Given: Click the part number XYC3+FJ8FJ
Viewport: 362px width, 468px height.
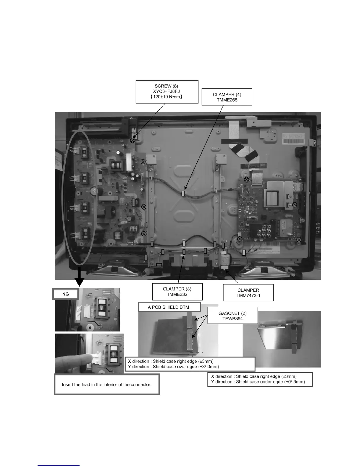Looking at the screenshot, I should [x=167, y=91].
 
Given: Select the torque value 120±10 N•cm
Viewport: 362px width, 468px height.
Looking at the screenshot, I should [x=167, y=97].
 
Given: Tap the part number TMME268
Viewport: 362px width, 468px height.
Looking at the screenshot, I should [x=227, y=100].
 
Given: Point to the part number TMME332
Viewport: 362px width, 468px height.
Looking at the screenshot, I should [x=177, y=294].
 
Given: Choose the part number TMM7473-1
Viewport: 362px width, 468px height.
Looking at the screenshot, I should [x=248, y=295].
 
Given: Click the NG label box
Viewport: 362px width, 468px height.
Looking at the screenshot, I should [x=66, y=294].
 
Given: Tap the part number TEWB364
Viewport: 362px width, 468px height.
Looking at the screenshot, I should [x=232, y=318].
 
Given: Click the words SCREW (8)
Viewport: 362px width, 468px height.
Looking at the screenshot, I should [x=167, y=86].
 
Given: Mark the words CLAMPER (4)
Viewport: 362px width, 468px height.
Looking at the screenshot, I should [x=227, y=95].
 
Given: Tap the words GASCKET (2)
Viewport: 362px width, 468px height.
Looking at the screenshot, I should [x=232, y=313].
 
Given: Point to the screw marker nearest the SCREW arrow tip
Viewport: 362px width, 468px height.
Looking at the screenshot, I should [x=133, y=141].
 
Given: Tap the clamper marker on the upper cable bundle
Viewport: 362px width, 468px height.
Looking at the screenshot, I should [x=183, y=194].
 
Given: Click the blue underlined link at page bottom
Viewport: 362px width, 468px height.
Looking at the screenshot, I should [x=59, y=465].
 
